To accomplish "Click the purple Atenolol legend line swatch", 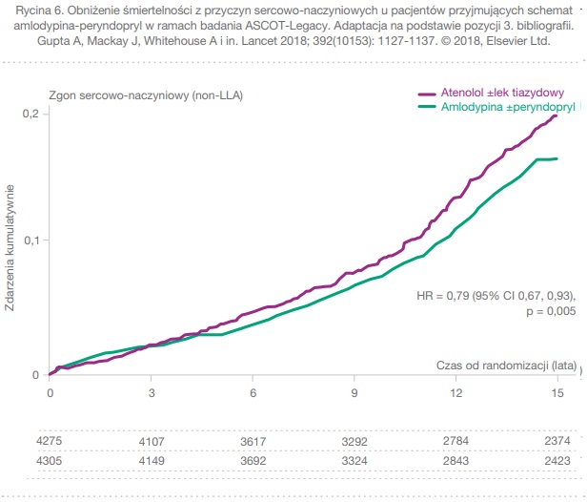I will [428, 94].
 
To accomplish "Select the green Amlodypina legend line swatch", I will [428, 108].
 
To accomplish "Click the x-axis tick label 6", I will [253, 391].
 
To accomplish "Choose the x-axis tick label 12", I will [456, 391].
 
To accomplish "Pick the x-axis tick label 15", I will [557, 391].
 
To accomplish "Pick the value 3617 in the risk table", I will [253, 442].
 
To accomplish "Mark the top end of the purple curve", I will [557, 115].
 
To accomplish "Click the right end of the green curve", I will [557, 158].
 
